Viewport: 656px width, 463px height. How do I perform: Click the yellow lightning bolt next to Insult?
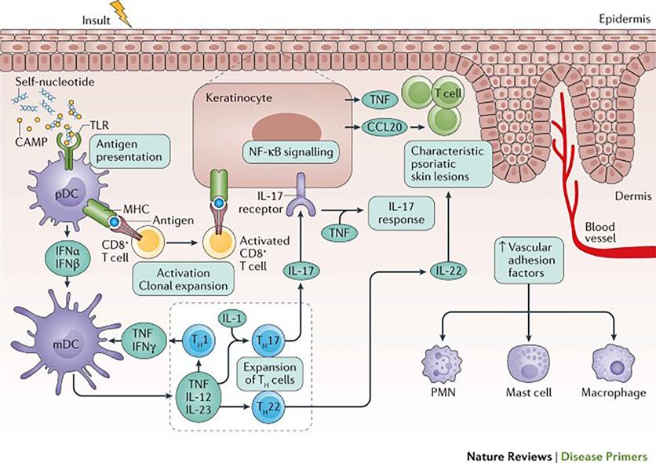[124, 13]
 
